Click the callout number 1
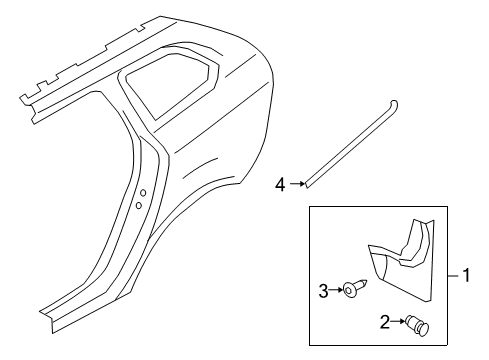coord(465,272)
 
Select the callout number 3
coord(323,291)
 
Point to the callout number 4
coord(281,183)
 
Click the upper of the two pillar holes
coord(143,193)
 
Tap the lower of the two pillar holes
coord(137,205)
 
